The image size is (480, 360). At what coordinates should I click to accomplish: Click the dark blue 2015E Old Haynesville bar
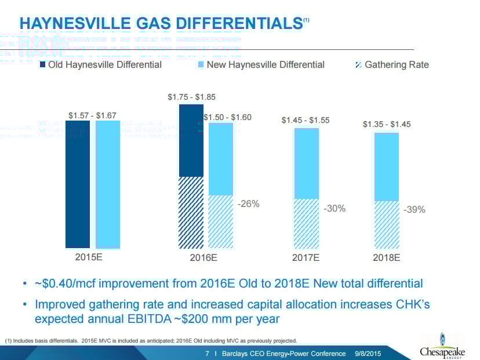coord(78,184)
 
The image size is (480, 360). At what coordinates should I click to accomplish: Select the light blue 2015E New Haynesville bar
coord(108,184)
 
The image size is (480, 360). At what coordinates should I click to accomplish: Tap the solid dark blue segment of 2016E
coord(191,140)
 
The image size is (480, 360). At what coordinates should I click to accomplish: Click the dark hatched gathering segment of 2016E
coord(191,212)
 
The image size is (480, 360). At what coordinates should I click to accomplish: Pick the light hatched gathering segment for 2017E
coord(307,224)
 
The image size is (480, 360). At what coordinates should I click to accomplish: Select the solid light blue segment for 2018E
coord(386,167)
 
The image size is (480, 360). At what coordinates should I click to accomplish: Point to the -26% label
coord(249,203)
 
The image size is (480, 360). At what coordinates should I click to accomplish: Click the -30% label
coord(334,208)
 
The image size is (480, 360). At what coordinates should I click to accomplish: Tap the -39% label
coord(414,209)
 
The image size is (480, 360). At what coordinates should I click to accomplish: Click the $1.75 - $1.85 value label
coord(191,97)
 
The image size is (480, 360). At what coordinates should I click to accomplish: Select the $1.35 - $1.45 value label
coord(387,124)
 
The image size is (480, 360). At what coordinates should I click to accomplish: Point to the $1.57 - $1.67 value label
coord(93,116)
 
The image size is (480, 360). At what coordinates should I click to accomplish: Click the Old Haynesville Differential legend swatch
coord(42,64)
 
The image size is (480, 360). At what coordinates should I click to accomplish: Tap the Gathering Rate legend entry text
coord(397,64)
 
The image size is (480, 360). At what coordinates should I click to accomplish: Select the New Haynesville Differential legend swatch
coord(201,64)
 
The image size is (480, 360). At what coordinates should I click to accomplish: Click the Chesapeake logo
coord(442,347)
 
